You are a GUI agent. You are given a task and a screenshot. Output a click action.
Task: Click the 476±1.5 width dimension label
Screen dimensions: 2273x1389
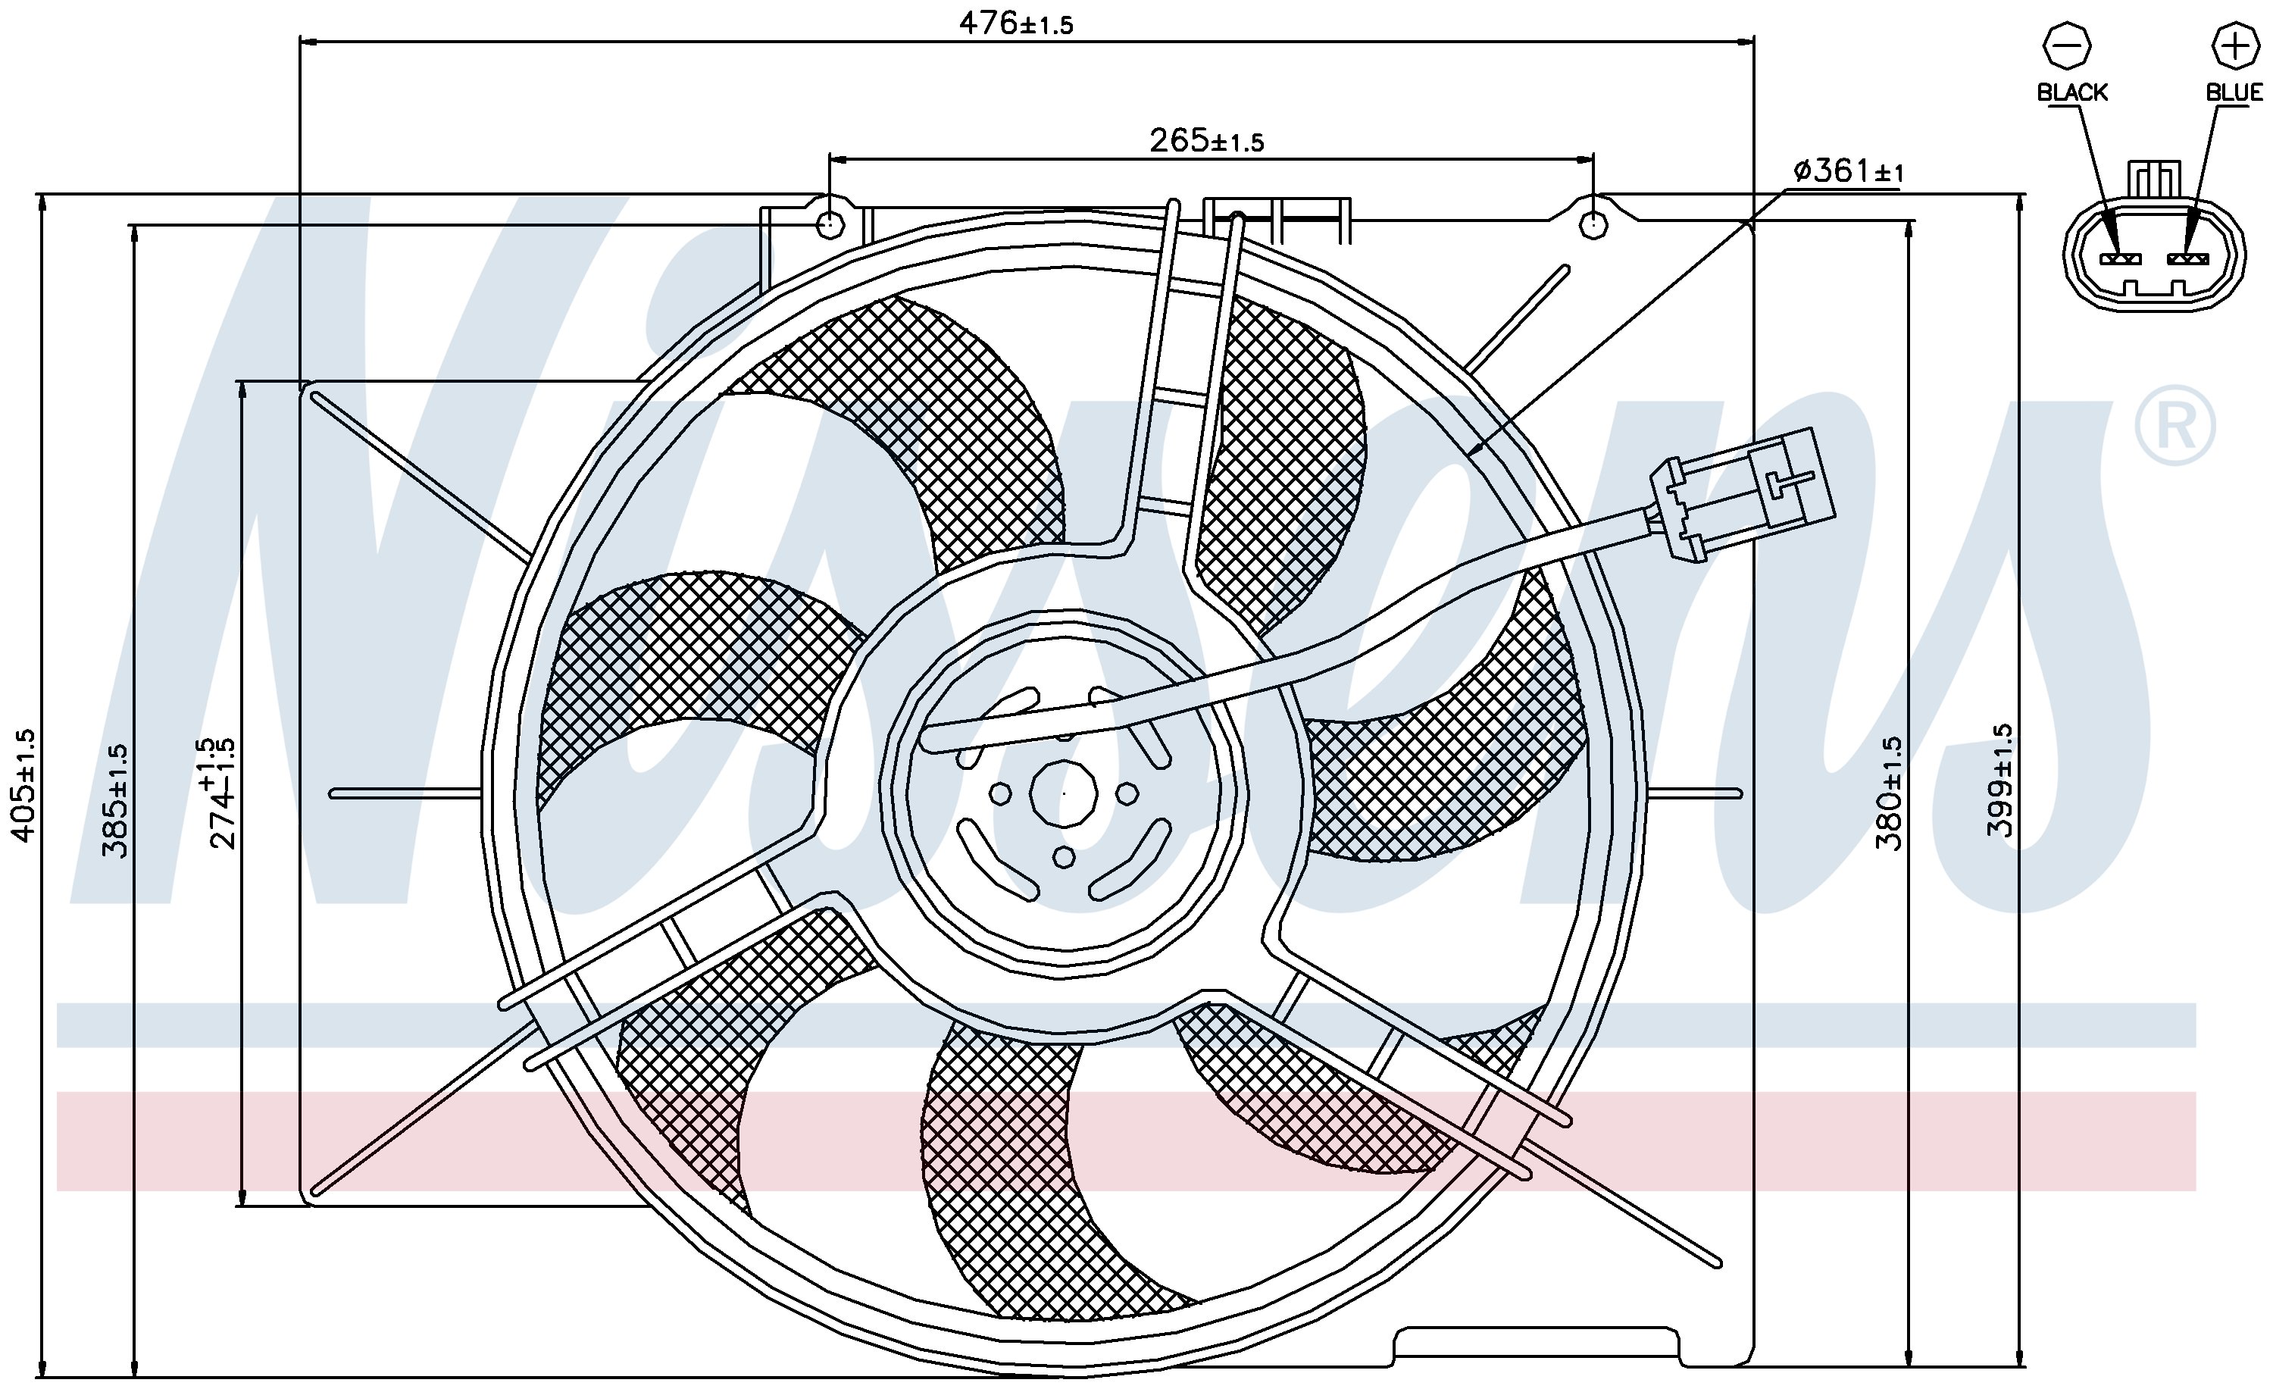pos(1016,23)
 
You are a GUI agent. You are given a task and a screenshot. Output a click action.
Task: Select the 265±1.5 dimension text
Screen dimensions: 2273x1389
pos(1205,140)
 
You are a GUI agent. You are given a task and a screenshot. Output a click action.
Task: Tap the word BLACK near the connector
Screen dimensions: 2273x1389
pos(2072,92)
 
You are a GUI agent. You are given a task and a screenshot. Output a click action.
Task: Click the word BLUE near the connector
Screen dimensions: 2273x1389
pos(2234,92)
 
